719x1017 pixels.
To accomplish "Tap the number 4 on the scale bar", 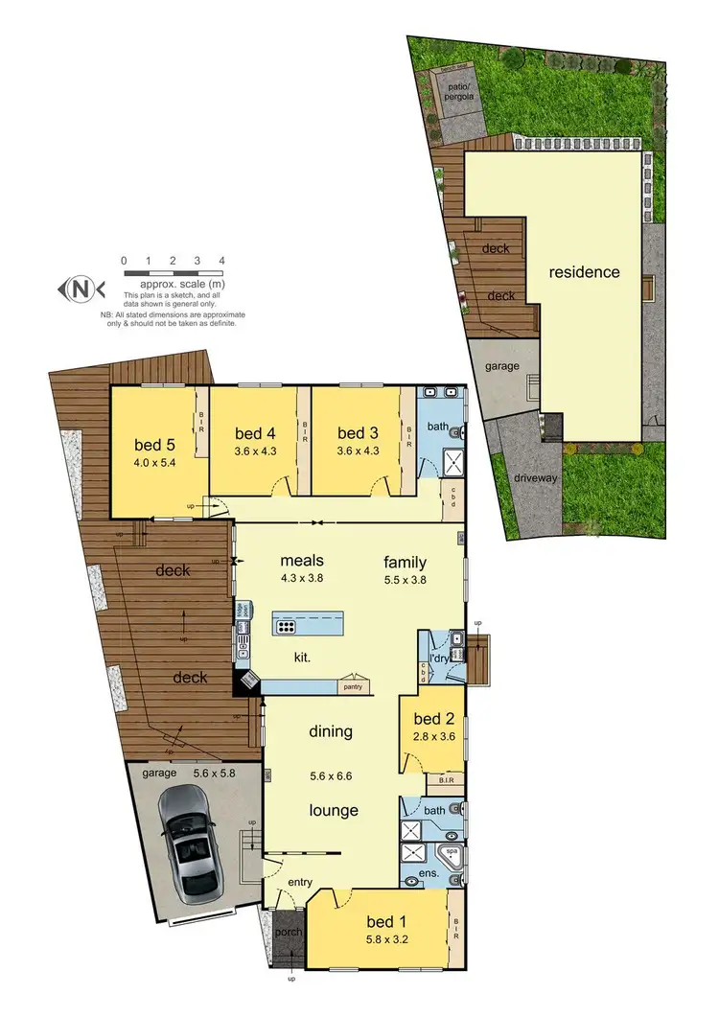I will point(221,261).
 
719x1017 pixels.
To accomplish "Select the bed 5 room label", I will point(154,444).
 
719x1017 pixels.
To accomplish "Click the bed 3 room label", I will point(359,432).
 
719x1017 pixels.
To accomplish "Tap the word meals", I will point(302,561).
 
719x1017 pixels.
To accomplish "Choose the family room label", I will point(405,562).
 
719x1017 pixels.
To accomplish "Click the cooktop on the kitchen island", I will point(286,627).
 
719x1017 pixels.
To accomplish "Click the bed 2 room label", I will point(433,719).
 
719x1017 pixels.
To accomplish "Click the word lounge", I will point(333,810).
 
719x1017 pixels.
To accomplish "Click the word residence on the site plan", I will point(584,271).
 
